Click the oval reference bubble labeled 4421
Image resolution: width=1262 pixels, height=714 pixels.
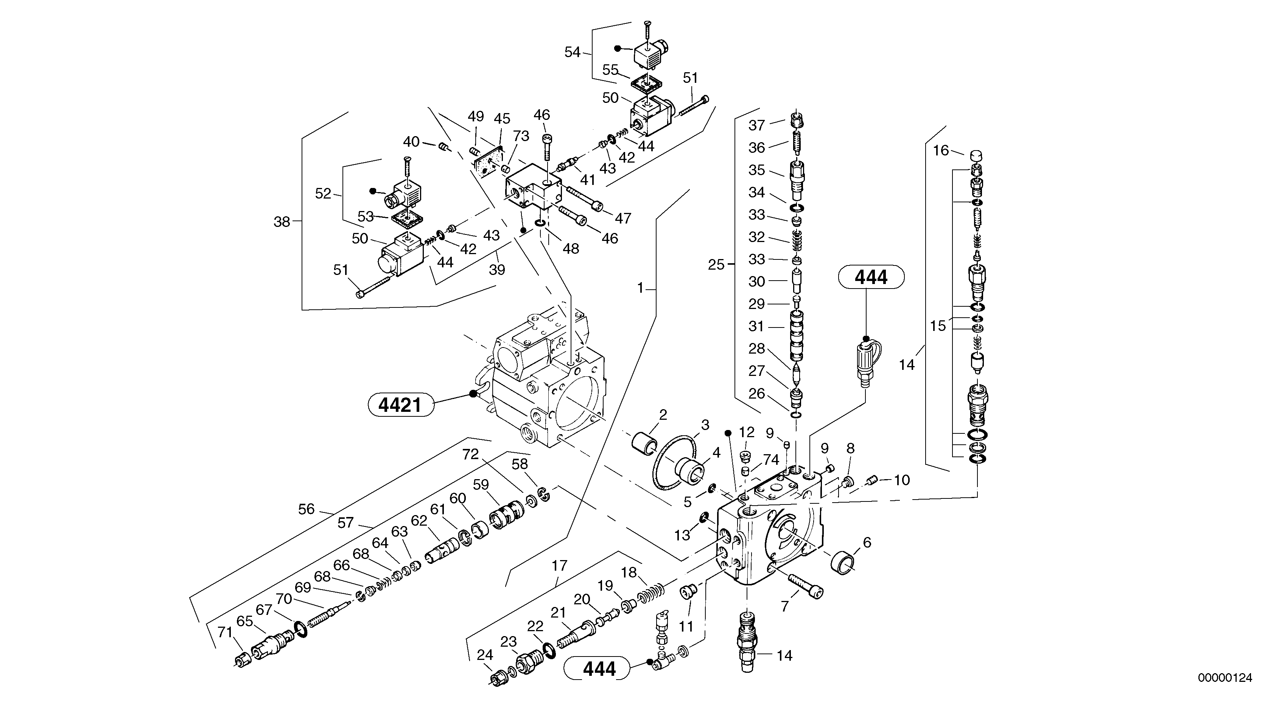tap(401, 405)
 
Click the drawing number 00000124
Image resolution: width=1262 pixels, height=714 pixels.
tap(1225, 678)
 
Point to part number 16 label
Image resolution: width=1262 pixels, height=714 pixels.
tap(941, 151)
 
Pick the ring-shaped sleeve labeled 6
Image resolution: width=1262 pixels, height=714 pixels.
tap(843, 562)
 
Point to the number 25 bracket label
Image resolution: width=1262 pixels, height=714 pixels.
tap(716, 265)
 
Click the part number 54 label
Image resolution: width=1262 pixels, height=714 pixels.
tap(572, 52)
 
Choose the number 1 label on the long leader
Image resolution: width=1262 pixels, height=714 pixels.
tap(640, 288)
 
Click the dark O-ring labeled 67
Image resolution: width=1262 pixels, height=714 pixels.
tap(301, 628)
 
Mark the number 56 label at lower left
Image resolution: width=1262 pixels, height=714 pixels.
tap(306, 509)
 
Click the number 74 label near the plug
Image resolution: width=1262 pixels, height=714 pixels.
tap(771, 459)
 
